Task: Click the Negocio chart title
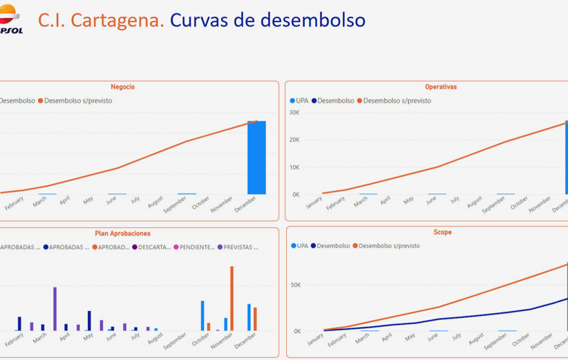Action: coord(122,87)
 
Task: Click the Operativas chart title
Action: coord(440,87)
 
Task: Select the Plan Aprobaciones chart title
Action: coord(122,234)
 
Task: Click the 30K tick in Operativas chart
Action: coord(294,113)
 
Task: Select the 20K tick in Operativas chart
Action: coord(294,140)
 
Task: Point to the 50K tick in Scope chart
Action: coord(296,285)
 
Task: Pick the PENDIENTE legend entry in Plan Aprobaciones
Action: coord(196,247)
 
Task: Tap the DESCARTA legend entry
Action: coord(153,247)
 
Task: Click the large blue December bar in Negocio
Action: coord(256,158)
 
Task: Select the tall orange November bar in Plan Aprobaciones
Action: coord(231,298)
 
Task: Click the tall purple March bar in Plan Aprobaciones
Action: coord(55,308)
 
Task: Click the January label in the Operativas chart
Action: coord(314,202)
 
